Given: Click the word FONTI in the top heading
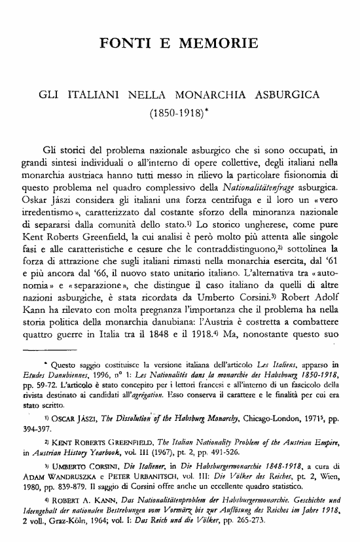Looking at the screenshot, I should [122, 45].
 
